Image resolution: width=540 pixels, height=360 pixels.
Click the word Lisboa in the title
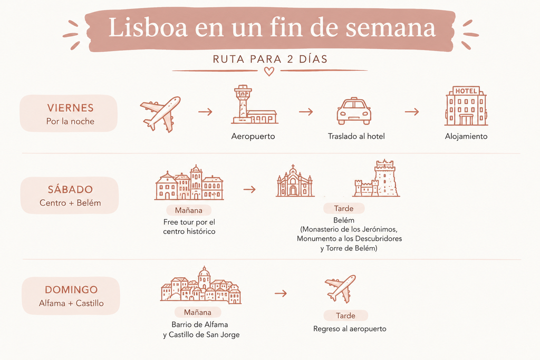pos(148,27)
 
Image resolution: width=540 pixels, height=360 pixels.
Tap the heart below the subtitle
pos(269,72)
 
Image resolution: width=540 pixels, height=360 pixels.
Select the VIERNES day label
pos(70,108)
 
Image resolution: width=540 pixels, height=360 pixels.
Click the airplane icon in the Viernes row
pos(160,114)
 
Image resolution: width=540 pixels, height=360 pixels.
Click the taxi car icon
pos(354,111)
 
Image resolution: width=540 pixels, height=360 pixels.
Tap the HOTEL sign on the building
pos(466,91)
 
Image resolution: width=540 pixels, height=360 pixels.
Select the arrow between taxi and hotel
pos(411,112)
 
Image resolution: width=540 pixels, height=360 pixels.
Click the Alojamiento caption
pos(466,137)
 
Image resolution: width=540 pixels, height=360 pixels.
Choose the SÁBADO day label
pos(70,190)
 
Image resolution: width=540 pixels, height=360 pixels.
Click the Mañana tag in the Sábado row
pos(189,210)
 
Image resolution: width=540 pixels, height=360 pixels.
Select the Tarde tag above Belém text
pos(344,209)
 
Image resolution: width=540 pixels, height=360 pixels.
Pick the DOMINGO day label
pos(71,290)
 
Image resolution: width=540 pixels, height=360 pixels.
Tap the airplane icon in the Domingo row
pos(340,289)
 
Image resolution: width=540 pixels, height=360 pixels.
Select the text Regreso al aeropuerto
pos(350,329)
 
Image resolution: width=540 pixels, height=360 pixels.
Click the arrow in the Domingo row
pos(281,294)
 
